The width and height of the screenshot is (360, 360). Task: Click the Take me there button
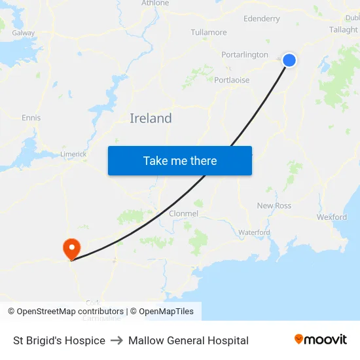(x=179, y=160)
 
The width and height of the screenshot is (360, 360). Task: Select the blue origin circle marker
(x=289, y=60)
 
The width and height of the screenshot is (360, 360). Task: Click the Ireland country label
(x=151, y=118)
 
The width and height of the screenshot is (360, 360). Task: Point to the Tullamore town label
(x=209, y=32)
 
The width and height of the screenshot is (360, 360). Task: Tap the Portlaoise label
(x=232, y=80)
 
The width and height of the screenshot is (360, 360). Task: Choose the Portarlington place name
(x=245, y=54)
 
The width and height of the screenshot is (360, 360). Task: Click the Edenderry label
(x=261, y=19)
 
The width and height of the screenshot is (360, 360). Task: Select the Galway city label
(x=24, y=32)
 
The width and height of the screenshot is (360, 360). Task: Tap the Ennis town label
(x=31, y=118)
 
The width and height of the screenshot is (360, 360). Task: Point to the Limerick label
(x=73, y=154)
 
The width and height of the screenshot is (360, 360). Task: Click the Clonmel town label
(x=183, y=213)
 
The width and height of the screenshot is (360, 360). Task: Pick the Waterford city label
(x=254, y=232)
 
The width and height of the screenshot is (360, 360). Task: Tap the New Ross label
(x=274, y=206)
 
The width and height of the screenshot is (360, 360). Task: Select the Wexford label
(x=331, y=217)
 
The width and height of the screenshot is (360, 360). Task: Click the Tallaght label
(x=343, y=29)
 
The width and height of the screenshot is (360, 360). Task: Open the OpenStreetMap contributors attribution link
(x=69, y=312)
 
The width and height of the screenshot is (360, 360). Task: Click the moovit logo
(x=321, y=340)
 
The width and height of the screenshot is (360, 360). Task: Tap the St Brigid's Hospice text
(x=59, y=340)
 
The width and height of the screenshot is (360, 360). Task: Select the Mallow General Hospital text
(x=189, y=340)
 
